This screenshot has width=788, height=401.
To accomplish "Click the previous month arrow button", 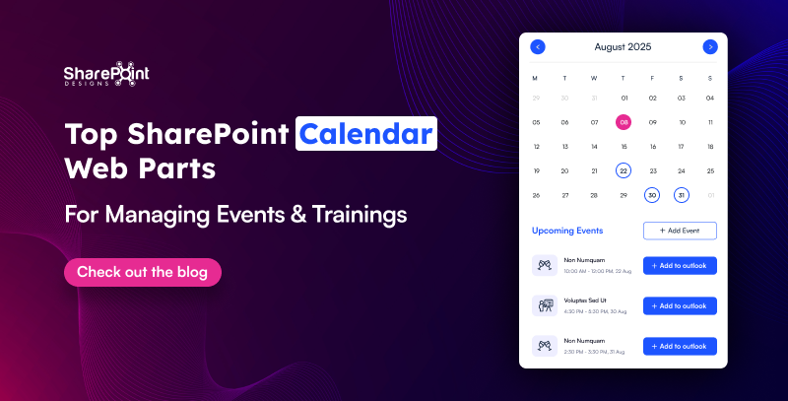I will point(537,46).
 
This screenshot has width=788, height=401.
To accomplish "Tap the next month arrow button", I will point(709,46).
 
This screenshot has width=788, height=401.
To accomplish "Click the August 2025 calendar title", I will point(623,46).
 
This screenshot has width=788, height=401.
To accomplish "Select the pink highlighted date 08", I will point(623,122).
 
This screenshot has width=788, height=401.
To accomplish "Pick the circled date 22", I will point(623,170).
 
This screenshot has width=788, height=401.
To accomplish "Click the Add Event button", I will point(679,231).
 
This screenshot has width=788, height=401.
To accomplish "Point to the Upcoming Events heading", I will point(567,231).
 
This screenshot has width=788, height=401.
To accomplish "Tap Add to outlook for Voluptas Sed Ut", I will point(679,305).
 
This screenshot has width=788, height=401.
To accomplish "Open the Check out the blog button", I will point(142,272).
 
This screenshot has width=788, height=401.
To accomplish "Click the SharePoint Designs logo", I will point(105,75).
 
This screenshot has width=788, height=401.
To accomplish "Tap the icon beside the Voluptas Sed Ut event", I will point(545,305).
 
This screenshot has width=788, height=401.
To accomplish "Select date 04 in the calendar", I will point(709,98).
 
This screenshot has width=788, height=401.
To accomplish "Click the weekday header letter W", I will point(594,78).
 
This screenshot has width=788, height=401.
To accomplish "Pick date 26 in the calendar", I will point(536,195).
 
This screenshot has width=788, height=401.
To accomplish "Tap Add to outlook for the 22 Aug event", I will point(679,265).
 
